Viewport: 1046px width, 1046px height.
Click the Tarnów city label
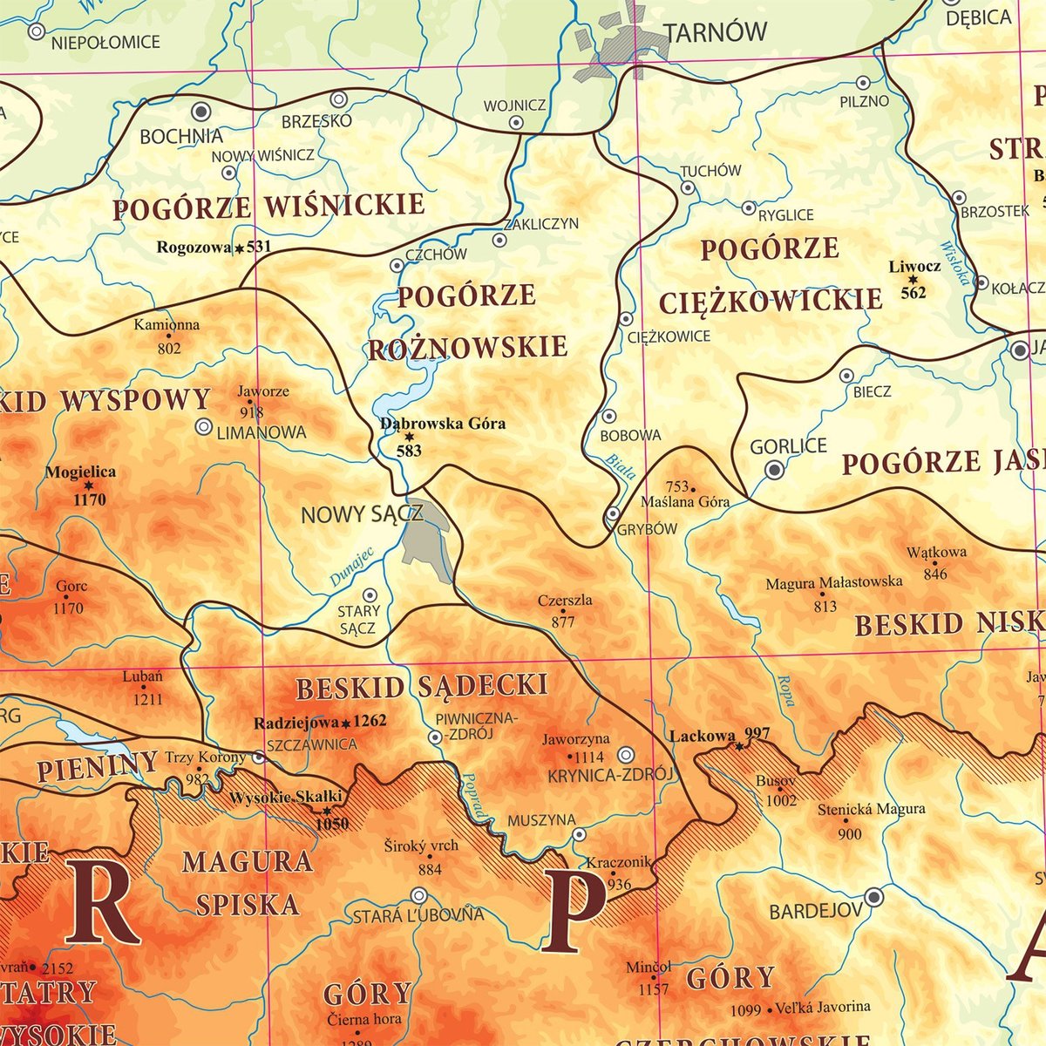click(x=715, y=33)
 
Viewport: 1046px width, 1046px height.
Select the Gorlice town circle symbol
click(x=774, y=470)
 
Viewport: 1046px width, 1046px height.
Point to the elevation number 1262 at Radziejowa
click(x=370, y=722)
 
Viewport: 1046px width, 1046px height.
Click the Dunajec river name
click(x=351, y=566)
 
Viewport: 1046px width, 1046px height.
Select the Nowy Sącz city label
click(x=361, y=514)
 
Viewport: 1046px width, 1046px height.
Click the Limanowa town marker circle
click(x=204, y=427)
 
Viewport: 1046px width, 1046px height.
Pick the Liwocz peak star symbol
click(x=913, y=280)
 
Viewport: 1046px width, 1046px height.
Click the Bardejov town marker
click(x=873, y=897)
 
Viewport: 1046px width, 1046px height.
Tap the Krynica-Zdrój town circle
click(x=626, y=755)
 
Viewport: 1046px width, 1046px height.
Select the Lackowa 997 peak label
click(x=719, y=736)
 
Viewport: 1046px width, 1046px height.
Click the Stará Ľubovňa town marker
click(x=419, y=895)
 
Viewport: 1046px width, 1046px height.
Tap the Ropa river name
click(x=785, y=689)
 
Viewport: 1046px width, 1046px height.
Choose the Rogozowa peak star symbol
click(x=239, y=248)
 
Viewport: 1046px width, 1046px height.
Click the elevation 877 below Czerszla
click(x=563, y=621)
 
